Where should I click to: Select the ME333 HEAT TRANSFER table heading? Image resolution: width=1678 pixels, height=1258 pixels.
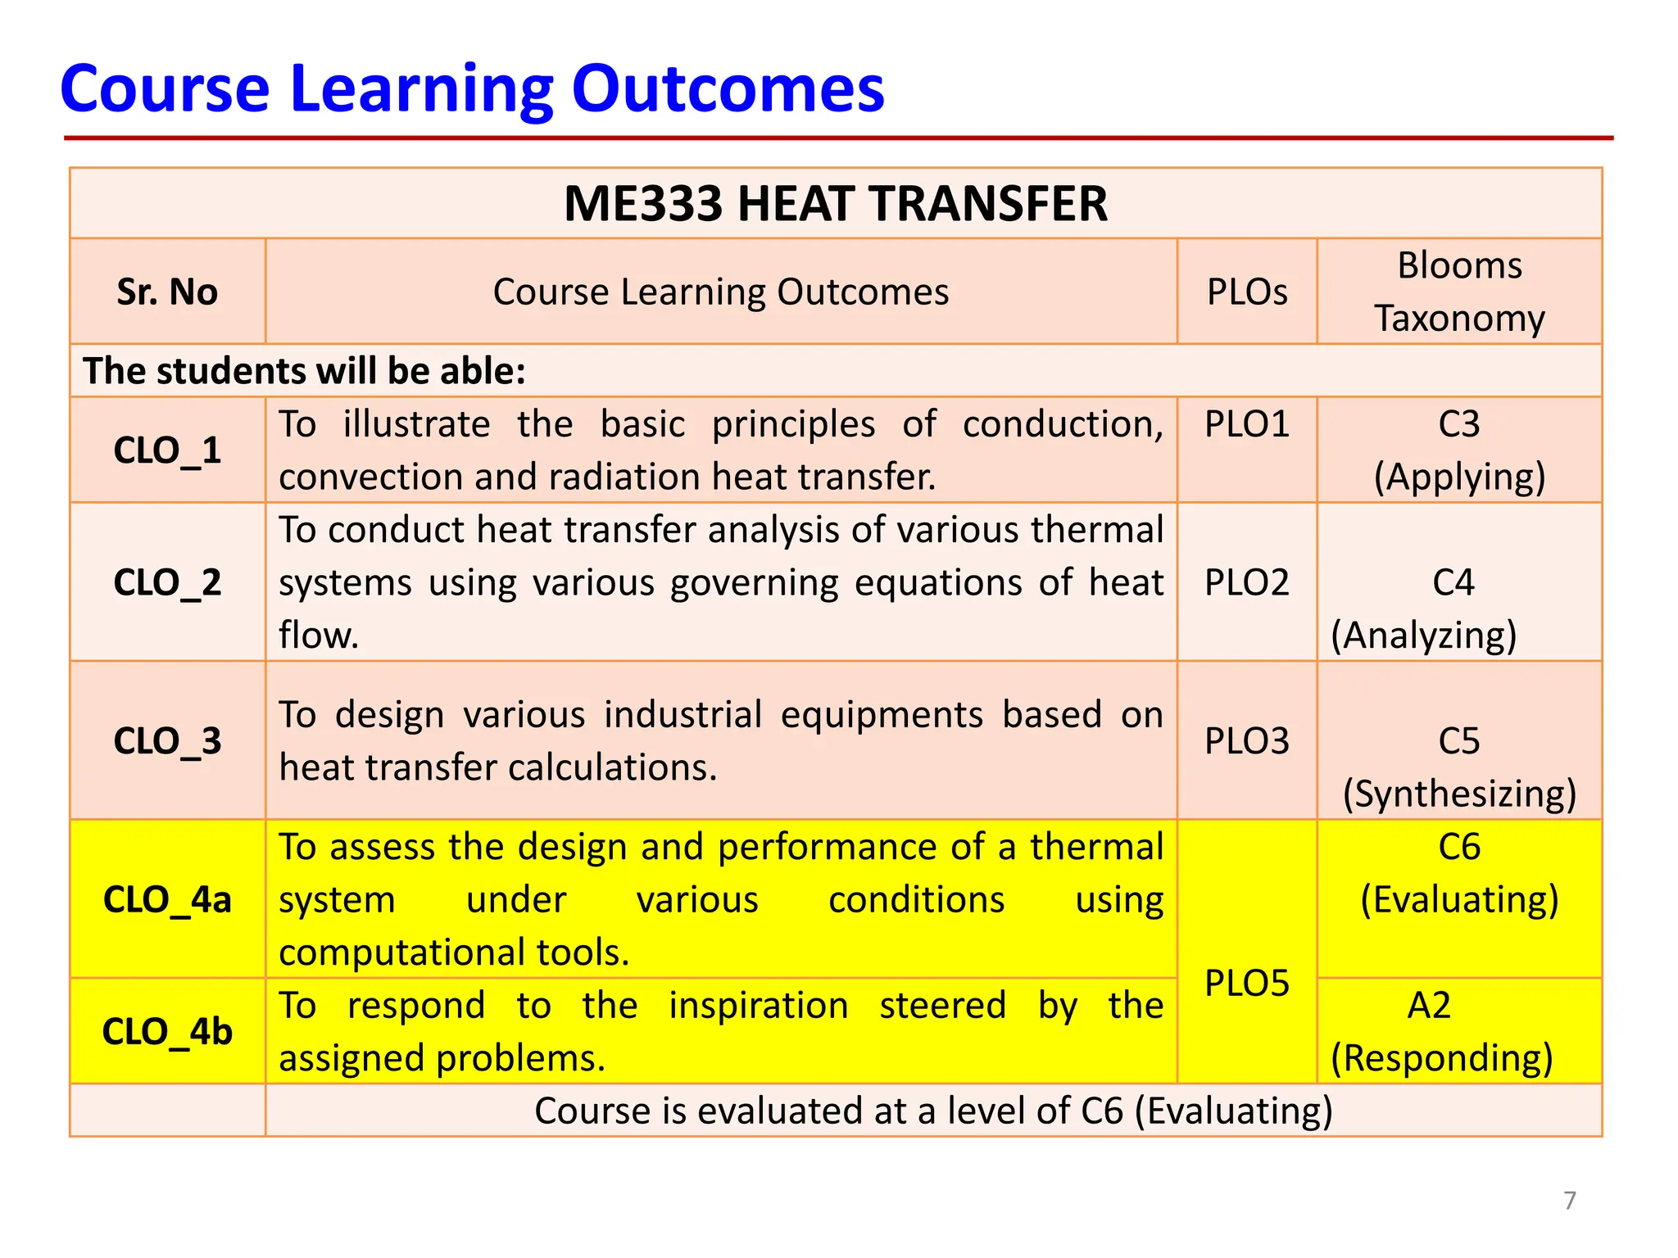(835, 204)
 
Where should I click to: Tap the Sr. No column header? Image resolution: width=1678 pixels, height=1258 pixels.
(167, 292)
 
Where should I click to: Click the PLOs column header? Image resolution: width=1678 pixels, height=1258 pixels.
(1246, 292)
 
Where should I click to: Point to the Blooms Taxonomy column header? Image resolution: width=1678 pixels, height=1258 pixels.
(1458, 292)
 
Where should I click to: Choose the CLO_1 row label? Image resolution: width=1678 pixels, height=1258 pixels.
(167, 450)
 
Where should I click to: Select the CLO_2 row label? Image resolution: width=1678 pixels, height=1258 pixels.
(167, 582)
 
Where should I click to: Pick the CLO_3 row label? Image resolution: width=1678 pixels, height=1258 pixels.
(167, 740)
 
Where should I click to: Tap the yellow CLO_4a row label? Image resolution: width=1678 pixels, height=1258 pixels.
(167, 899)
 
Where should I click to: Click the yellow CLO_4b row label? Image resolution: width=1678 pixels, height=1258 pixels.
(167, 1031)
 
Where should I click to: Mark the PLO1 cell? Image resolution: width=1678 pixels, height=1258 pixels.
(1246, 424)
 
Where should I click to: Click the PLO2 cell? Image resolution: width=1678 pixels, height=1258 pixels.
(1246, 582)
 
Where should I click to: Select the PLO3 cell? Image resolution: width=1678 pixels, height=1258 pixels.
(1246, 740)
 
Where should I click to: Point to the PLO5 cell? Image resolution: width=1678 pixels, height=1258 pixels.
(1246, 983)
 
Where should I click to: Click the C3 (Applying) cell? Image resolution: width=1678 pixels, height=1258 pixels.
(1458, 450)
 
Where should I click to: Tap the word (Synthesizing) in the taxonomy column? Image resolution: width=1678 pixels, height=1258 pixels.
(1458, 794)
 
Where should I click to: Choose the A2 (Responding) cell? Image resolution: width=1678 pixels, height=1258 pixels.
(1442, 1031)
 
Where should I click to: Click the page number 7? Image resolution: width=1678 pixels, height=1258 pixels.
(1569, 1201)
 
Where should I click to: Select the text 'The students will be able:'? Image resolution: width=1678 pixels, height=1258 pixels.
(304, 371)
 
